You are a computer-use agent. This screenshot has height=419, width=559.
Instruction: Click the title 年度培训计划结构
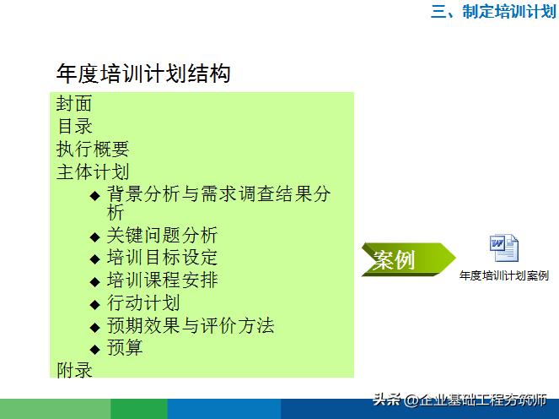pyautogui.click(x=142, y=74)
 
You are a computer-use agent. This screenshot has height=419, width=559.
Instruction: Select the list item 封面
pyautogui.click(x=74, y=104)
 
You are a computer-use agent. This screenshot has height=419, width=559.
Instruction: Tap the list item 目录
pyautogui.click(x=74, y=127)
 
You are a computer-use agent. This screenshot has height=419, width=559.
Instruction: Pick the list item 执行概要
pyautogui.click(x=93, y=150)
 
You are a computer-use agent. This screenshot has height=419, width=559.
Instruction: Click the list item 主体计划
pyautogui.click(x=93, y=172)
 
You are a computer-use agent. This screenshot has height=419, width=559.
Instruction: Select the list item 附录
pyautogui.click(x=74, y=370)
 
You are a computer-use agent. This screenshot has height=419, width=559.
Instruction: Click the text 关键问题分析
pyautogui.click(x=162, y=235)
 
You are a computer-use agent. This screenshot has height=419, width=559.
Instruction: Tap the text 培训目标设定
pyautogui.click(x=162, y=258)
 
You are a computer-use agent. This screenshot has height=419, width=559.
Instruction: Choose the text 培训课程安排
pyautogui.click(x=162, y=280)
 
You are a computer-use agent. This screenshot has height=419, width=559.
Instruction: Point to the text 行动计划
pyautogui.click(x=143, y=303)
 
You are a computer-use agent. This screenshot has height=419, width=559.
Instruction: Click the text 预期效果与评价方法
pyautogui.click(x=191, y=325)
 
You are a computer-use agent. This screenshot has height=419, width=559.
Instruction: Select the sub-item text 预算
pyautogui.click(x=125, y=348)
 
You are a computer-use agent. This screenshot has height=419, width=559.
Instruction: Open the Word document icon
pyautogui.click(x=504, y=248)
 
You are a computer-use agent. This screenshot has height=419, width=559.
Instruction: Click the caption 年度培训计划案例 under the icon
pyautogui.click(x=504, y=275)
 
